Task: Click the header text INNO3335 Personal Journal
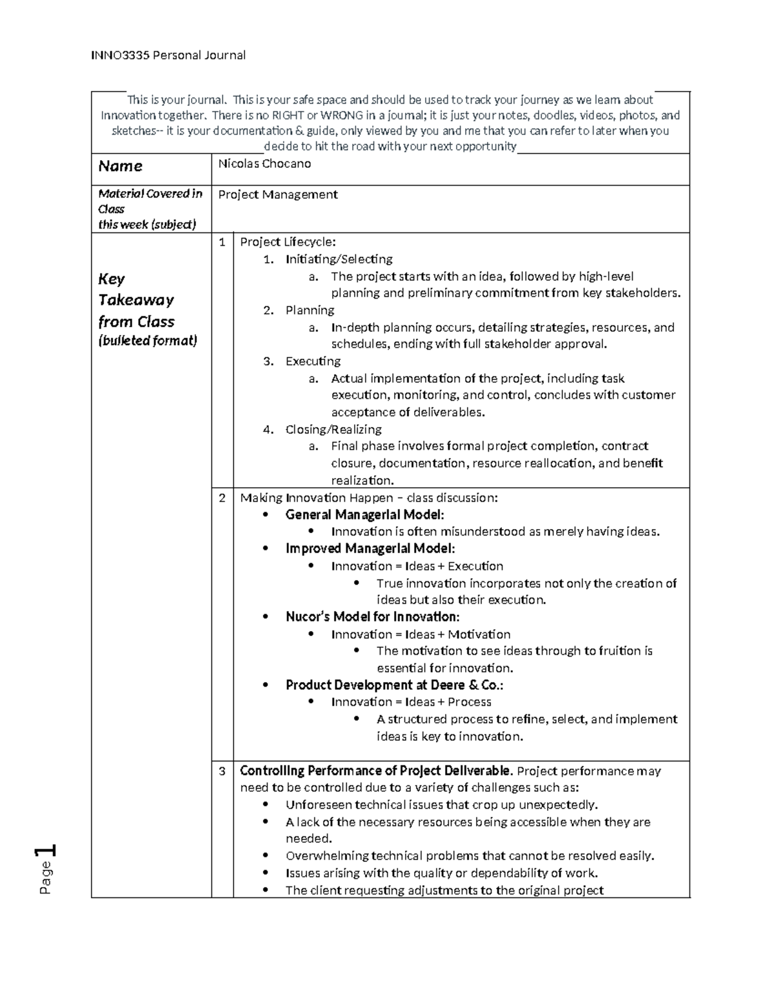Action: click(x=168, y=55)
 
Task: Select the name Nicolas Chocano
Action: click(x=264, y=164)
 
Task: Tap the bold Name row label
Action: click(x=120, y=166)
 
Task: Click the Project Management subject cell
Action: click(x=278, y=194)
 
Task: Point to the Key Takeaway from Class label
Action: click(x=136, y=300)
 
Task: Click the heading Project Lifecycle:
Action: click(x=288, y=242)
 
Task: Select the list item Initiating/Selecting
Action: click(x=339, y=259)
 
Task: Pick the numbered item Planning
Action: click(x=310, y=310)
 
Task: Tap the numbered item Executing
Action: click(x=313, y=361)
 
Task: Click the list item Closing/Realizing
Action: click(x=333, y=430)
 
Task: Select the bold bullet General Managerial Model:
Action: click(x=364, y=515)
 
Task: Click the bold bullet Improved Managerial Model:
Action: click(x=370, y=549)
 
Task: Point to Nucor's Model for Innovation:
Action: click(x=372, y=617)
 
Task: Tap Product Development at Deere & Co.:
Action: click(x=394, y=685)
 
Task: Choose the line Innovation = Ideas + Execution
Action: click(x=417, y=566)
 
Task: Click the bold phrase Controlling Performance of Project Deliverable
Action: click(x=377, y=771)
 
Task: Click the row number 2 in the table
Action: click(x=222, y=498)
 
